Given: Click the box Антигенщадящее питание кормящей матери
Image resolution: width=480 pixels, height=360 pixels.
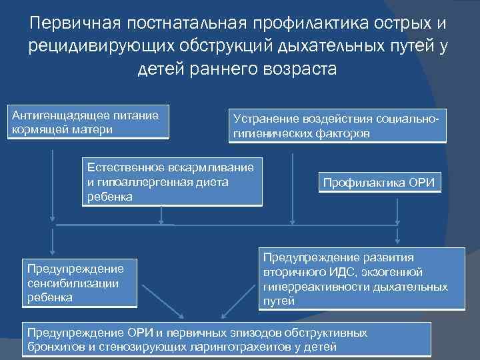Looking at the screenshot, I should (x=89, y=121).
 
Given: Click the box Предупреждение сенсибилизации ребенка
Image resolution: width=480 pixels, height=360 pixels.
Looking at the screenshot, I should (x=79, y=283).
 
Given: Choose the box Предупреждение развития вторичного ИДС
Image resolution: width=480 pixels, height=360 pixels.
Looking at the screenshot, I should (x=361, y=279).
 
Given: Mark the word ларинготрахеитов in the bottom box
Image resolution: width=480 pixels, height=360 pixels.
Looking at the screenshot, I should (x=236, y=347).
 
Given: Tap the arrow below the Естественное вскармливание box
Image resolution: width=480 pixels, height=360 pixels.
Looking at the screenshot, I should (x=161, y=215).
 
